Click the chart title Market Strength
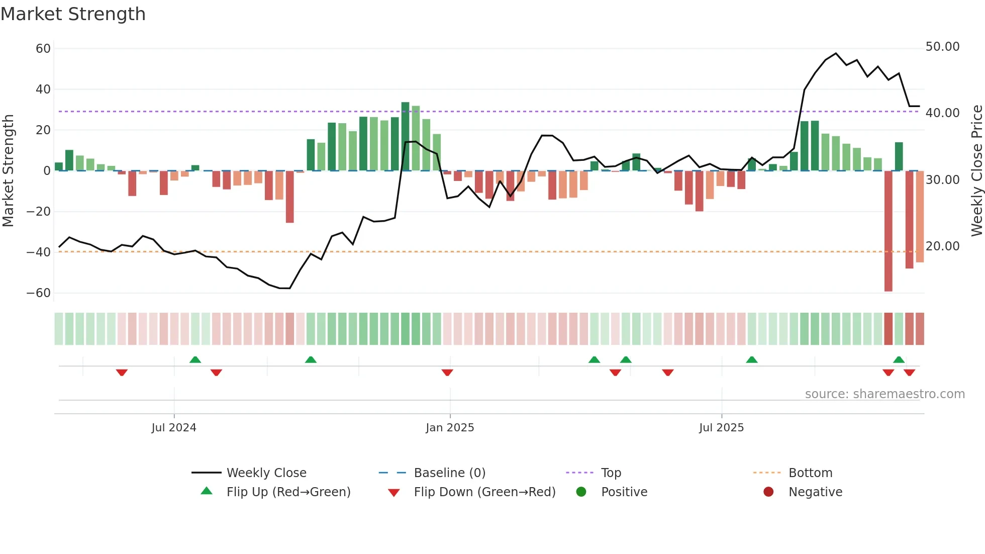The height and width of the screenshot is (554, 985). click(x=73, y=14)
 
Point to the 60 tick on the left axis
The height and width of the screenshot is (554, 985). click(x=43, y=49)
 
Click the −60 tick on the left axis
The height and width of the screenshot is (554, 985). click(x=39, y=293)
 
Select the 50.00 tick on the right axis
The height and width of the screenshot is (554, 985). click(x=942, y=47)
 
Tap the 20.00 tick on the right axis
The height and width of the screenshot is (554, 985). click(x=942, y=246)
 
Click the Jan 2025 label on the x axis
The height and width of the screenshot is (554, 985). click(x=450, y=428)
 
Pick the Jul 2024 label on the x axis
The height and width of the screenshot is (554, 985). click(x=174, y=428)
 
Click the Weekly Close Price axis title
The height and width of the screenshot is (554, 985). click(x=976, y=171)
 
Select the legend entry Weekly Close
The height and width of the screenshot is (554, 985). click(x=266, y=473)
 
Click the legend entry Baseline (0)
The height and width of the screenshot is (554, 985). click(x=449, y=473)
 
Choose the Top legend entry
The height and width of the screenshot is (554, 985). click(x=611, y=473)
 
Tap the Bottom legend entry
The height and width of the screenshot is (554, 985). click(x=810, y=473)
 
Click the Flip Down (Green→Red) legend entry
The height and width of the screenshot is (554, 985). click(x=484, y=492)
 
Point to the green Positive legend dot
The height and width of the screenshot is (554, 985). click(x=581, y=492)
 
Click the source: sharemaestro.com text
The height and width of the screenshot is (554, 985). click(x=884, y=394)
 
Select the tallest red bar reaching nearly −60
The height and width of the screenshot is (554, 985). click(x=889, y=231)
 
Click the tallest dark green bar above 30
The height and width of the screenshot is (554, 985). click(x=406, y=136)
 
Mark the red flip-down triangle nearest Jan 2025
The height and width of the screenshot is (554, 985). click(x=447, y=373)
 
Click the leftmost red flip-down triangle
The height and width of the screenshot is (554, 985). click(x=122, y=373)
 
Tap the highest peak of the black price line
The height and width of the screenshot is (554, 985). click(x=836, y=53)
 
